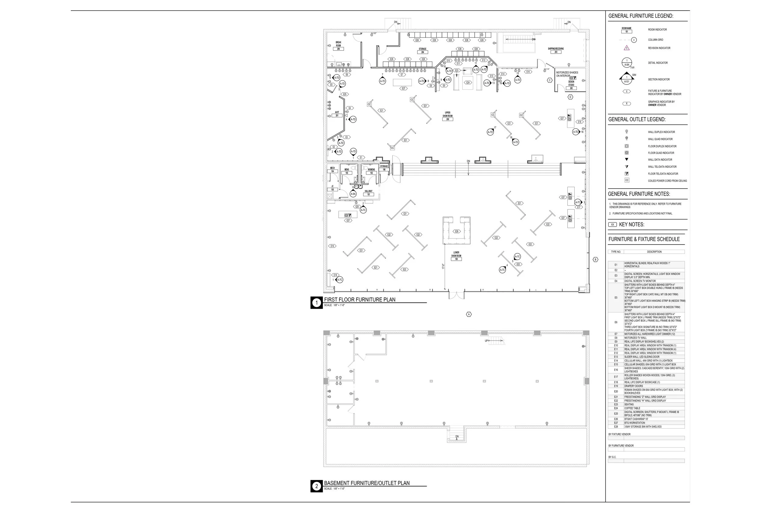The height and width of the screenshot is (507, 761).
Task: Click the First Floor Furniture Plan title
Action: pos(359,299)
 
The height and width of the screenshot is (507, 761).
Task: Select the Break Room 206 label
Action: pos(338,46)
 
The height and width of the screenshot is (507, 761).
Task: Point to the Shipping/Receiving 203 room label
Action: pos(556,50)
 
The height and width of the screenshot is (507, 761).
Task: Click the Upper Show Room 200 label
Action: pos(447,116)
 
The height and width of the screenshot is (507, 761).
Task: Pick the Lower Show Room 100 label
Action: pos(456,256)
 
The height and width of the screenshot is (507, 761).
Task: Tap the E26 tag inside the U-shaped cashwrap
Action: pos(457,231)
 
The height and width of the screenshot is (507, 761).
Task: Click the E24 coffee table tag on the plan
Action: pos(468,82)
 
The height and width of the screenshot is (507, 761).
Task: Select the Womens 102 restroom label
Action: pos(371,171)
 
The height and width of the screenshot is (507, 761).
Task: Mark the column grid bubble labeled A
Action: pos(469,314)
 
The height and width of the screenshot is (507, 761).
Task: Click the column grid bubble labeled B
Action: pos(595,259)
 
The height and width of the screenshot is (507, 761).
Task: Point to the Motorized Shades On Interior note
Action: pos(567,74)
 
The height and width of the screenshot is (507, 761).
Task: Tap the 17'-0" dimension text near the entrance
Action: pos(443,266)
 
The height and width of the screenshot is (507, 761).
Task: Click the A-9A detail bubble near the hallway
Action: pos(353,194)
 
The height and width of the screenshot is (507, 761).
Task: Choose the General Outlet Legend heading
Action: pos(637,119)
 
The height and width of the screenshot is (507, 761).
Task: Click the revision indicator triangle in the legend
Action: pos(627,48)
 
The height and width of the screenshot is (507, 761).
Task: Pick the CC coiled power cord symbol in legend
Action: pos(627,180)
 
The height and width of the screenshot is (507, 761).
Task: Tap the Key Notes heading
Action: pos(631,224)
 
